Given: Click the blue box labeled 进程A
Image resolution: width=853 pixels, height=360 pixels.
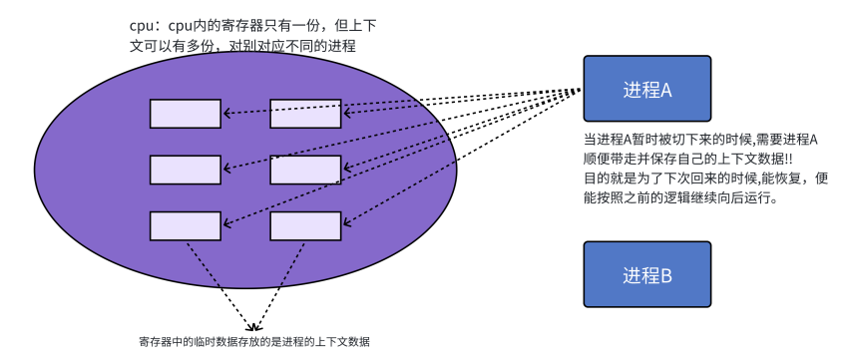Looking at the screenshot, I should point(646,89).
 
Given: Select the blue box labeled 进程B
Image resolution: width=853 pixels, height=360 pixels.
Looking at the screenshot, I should point(646,274).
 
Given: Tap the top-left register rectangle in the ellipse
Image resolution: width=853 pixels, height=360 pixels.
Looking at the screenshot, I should point(186,114).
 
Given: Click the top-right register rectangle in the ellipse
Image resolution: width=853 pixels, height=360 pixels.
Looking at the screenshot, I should point(305,114).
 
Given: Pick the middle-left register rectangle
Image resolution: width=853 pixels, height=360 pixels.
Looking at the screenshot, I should point(186,171).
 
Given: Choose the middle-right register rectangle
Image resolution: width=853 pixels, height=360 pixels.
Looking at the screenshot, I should point(305,171).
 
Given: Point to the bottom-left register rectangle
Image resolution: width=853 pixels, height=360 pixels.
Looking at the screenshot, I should point(186,226).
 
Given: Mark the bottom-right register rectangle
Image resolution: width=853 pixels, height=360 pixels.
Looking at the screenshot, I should point(305,226).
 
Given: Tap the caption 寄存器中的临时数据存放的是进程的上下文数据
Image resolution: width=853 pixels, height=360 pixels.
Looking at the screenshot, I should point(254,342).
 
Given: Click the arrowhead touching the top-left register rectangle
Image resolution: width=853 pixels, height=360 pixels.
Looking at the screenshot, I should point(226,114).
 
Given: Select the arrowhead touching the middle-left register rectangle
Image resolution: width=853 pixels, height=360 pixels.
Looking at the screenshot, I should point(226,170).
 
